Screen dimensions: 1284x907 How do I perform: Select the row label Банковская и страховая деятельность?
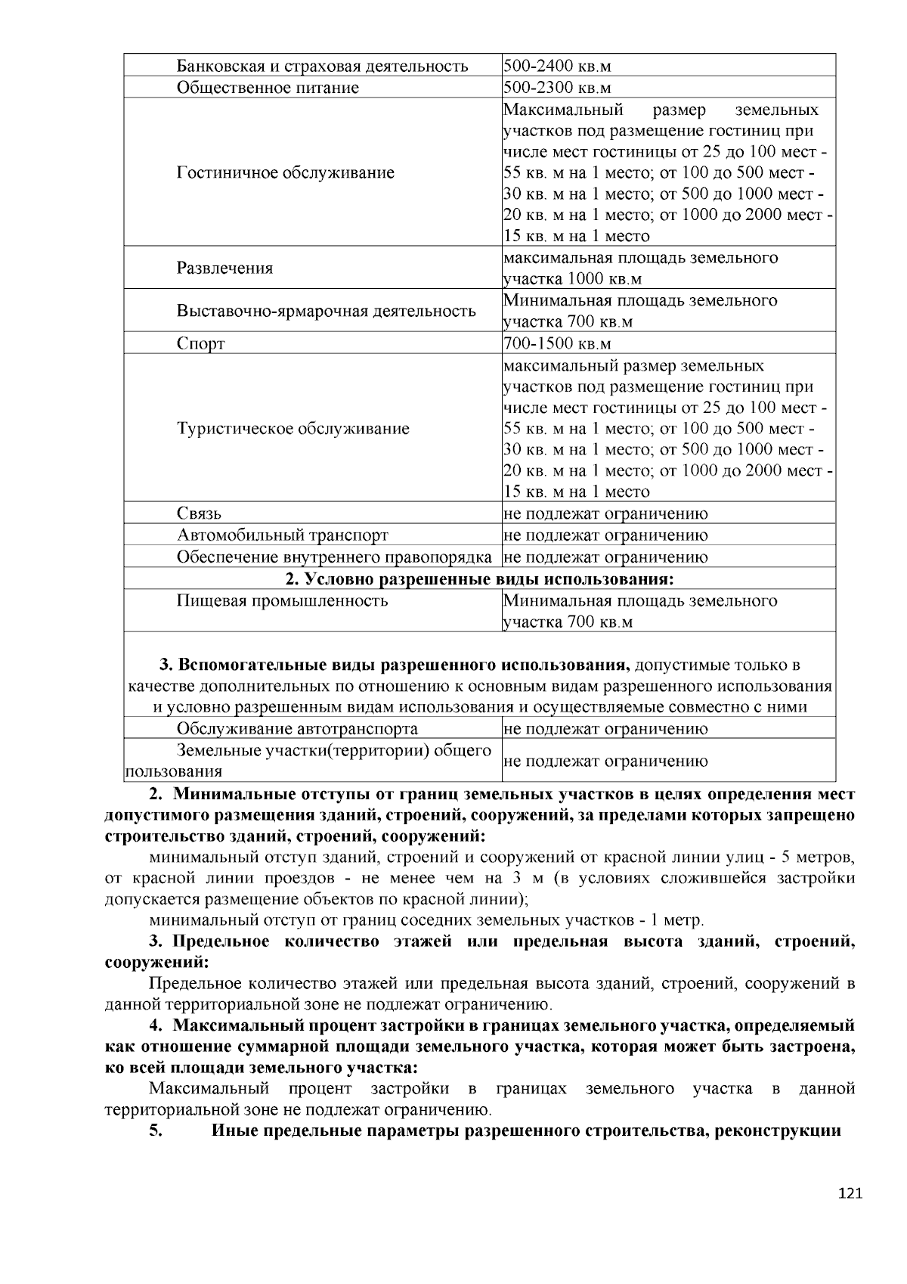click(x=322, y=66)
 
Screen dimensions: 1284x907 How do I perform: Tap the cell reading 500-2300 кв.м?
click(x=557, y=88)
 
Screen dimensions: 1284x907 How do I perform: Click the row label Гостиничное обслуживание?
click(x=285, y=172)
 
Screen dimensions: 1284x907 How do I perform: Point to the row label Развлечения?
click(x=224, y=268)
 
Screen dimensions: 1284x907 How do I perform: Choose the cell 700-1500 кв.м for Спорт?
click(x=557, y=344)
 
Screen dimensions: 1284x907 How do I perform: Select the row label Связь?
click(x=199, y=513)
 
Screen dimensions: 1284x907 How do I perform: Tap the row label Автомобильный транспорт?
click(x=282, y=535)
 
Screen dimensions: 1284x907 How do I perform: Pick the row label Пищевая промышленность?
click(x=282, y=601)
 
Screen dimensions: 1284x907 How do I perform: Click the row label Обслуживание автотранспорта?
click(x=297, y=729)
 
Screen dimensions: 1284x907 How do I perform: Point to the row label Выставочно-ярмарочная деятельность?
click(x=326, y=311)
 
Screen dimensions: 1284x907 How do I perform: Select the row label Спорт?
click(x=200, y=344)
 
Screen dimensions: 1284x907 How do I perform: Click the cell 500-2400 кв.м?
click(x=557, y=66)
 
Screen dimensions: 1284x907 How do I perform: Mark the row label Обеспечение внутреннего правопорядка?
click(x=334, y=557)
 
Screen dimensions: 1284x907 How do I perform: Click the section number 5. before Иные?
click(x=156, y=1131)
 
